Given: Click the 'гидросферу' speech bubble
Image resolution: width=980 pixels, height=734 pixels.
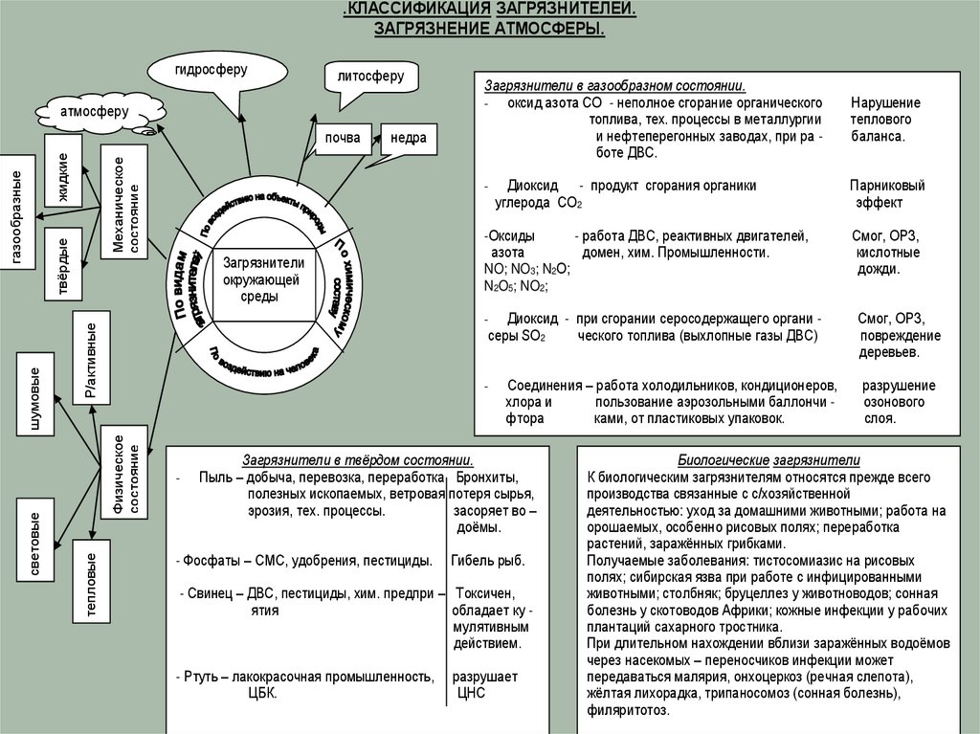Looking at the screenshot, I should tap(211, 72).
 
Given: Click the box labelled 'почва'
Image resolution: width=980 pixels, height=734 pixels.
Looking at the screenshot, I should tap(343, 138).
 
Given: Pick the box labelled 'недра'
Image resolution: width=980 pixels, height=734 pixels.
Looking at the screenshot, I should tap(408, 138).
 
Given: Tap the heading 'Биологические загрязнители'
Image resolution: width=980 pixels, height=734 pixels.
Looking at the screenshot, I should tap(770, 460).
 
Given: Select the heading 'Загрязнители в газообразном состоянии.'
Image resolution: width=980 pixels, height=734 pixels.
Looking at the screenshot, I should tap(614, 84).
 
